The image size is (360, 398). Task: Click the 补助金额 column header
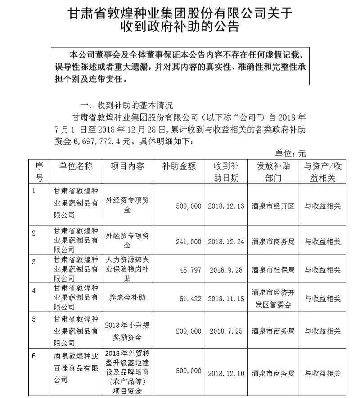pyautogui.click(x=180, y=166)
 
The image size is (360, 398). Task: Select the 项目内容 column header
pyautogui.click(x=127, y=166)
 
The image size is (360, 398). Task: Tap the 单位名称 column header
pyautogui.click(x=76, y=166)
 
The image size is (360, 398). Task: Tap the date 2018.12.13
pyautogui.click(x=226, y=206)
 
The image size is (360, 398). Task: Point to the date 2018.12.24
pyautogui.click(x=226, y=241)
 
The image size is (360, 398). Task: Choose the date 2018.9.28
pyautogui.click(x=226, y=270)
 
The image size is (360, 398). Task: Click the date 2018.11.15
pyautogui.click(x=226, y=298)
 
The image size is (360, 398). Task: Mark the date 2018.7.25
pyautogui.click(x=226, y=331)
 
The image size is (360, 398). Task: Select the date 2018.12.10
pyautogui.click(x=226, y=373)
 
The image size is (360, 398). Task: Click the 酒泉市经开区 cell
pyautogui.click(x=273, y=206)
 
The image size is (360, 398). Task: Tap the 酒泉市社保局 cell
pyautogui.click(x=273, y=270)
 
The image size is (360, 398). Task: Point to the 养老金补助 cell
pyautogui.click(x=127, y=298)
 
